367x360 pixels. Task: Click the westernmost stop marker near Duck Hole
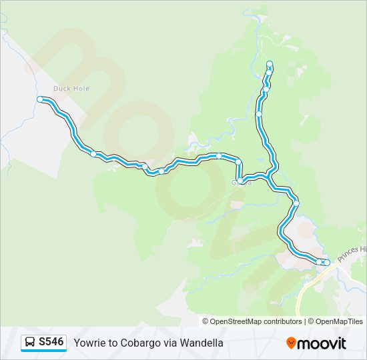(x=40, y=99)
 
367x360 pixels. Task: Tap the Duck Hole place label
(x=71, y=88)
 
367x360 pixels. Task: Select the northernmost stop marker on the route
(x=270, y=63)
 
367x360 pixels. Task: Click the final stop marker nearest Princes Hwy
(x=327, y=263)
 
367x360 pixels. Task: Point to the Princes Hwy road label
(x=352, y=254)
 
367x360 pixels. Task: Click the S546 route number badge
(x=51, y=342)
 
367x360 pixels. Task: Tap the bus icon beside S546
(x=30, y=343)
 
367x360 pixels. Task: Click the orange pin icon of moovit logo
(x=291, y=343)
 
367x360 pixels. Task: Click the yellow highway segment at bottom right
(x=304, y=293)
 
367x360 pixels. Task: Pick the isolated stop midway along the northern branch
(x=259, y=114)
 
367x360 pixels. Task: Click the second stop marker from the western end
(x=93, y=154)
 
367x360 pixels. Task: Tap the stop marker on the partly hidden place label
(x=240, y=181)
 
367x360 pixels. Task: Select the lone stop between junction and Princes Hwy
(x=296, y=203)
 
